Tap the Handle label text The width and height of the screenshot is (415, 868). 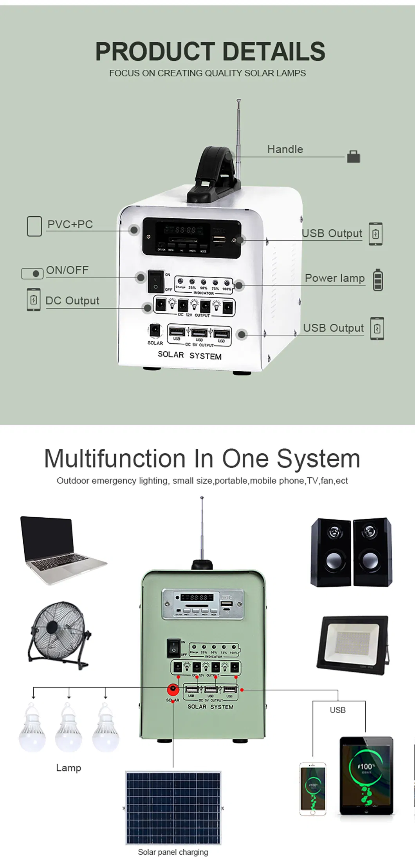pos(285,149)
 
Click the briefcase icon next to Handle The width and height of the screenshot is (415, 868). pos(353,156)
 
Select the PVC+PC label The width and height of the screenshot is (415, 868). pos(70,224)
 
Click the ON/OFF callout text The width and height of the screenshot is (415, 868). pos(67,270)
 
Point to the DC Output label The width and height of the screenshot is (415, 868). pos(72,301)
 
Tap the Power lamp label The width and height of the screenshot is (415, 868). pos(334,278)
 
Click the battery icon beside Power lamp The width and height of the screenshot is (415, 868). pos(377,280)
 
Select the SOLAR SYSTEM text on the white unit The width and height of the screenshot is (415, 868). pos(189,355)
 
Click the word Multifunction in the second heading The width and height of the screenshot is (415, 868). pos(115,458)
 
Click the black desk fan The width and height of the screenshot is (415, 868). pos(59,635)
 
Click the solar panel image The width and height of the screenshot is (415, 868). pos(173,808)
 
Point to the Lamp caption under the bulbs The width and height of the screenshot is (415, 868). pos(69,768)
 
